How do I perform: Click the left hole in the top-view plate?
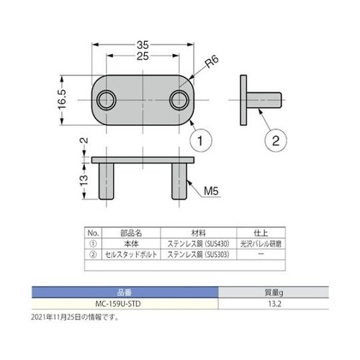pos(108,99)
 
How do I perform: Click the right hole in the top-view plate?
pos(179,99)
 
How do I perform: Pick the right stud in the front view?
pos(179,181)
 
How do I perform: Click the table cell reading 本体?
pos(130,245)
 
